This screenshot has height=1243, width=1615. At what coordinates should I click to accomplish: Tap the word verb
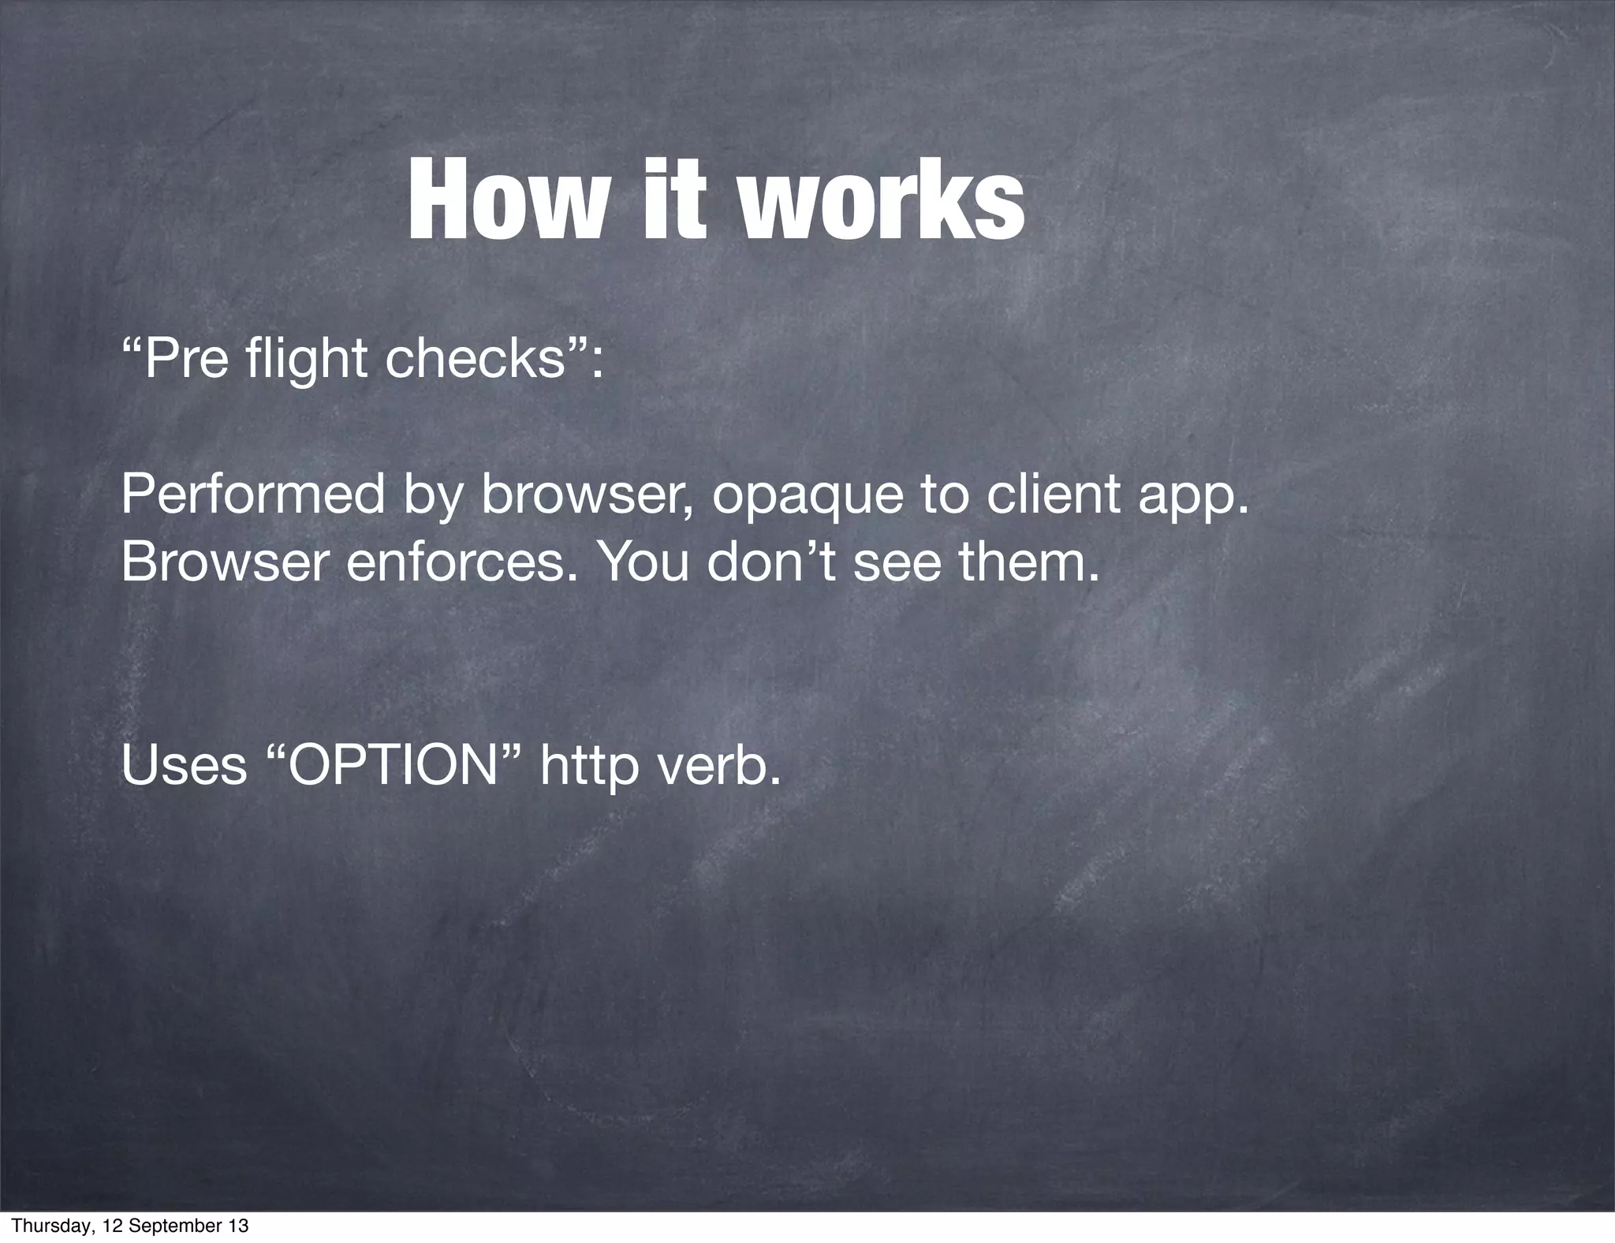pos(717,765)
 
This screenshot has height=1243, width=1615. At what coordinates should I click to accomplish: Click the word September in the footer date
pos(177,1226)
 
